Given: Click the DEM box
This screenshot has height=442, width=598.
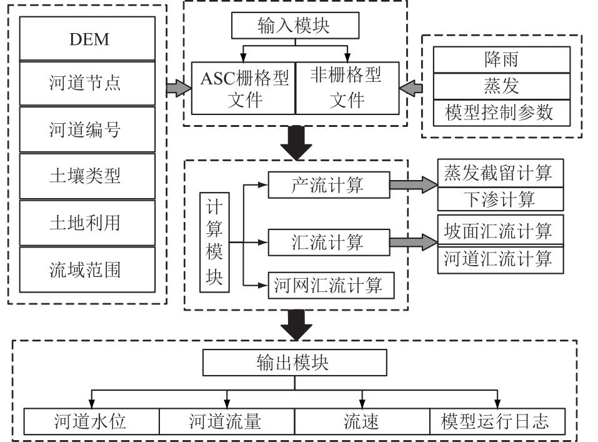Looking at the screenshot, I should (x=87, y=39).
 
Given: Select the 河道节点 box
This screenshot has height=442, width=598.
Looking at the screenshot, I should (x=87, y=83).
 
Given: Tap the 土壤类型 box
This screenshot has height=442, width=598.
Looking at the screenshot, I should (x=87, y=176).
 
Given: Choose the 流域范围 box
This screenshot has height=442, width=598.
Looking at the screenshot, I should (x=87, y=269).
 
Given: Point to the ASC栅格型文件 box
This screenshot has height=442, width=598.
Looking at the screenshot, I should (x=242, y=88).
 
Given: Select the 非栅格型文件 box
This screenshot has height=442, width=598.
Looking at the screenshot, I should (x=347, y=88).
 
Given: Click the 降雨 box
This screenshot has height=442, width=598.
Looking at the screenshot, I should (x=501, y=60).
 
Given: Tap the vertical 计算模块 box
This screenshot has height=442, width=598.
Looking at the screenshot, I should (x=214, y=243).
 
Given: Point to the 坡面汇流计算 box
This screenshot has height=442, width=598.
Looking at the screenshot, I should (x=500, y=231).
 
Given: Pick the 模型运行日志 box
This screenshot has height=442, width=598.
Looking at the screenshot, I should (x=498, y=421).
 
